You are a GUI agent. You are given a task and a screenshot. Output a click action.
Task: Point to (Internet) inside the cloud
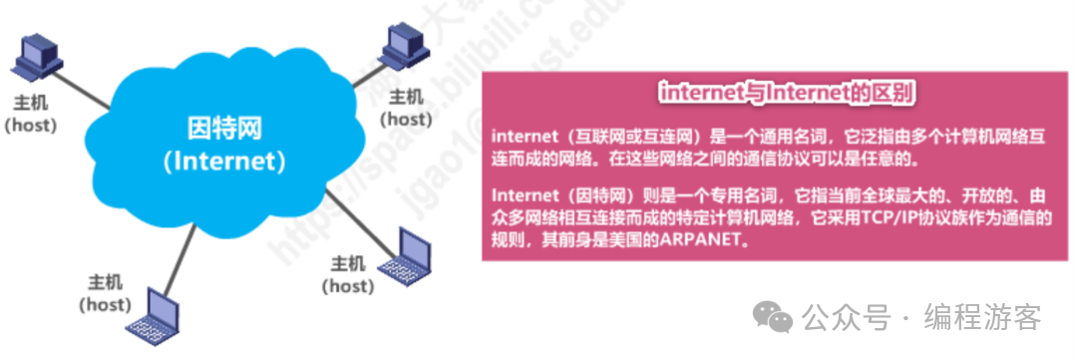[223, 161]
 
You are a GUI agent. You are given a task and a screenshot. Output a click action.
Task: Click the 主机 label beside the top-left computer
[30, 104]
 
